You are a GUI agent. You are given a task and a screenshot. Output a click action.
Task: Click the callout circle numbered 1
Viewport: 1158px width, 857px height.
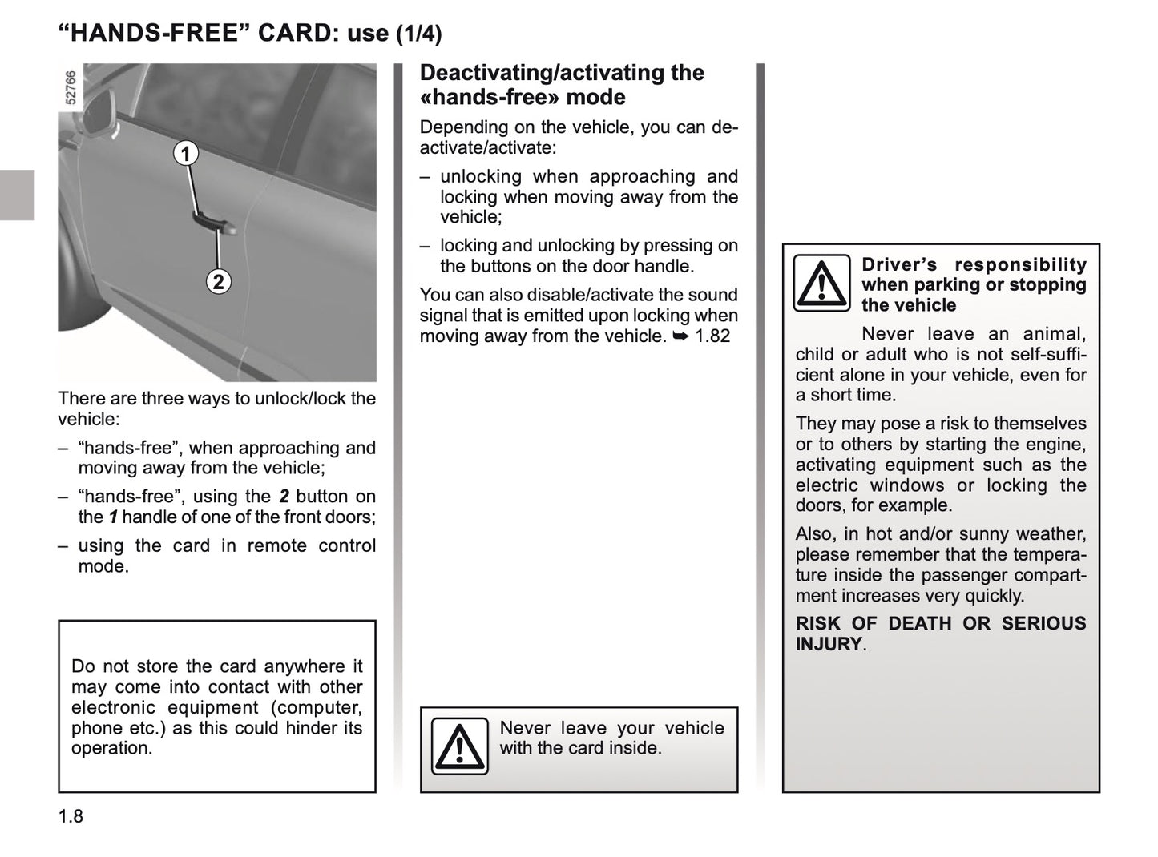(x=186, y=153)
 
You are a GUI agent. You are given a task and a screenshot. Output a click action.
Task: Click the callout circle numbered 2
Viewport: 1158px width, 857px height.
(x=218, y=282)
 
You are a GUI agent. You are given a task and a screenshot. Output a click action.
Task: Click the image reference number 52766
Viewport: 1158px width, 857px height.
(x=71, y=88)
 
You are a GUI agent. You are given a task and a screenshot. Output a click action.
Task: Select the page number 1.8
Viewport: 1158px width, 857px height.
(x=71, y=816)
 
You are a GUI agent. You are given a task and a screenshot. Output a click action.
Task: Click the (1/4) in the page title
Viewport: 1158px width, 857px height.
(x=418, y=34)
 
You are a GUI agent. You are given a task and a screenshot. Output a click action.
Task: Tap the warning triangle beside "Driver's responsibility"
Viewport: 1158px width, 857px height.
(x=821, y=283)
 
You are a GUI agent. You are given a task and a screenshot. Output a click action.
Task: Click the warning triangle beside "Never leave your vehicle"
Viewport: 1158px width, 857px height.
(x=459, y=746)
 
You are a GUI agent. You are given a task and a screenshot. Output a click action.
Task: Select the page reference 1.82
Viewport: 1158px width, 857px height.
(x=712, y=336)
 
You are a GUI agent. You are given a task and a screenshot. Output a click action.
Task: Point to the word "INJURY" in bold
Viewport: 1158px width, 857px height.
(x=829, y=644)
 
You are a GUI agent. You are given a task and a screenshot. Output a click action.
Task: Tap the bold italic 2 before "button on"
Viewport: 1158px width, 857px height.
(x=284, y=497)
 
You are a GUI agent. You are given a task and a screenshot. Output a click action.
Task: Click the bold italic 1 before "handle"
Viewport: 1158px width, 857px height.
(x=113, y=517)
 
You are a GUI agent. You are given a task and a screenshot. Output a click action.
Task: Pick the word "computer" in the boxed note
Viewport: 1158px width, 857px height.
(x=325, y=708)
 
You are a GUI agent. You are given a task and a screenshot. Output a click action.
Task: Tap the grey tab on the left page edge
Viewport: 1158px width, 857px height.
(x=17, y=195)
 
